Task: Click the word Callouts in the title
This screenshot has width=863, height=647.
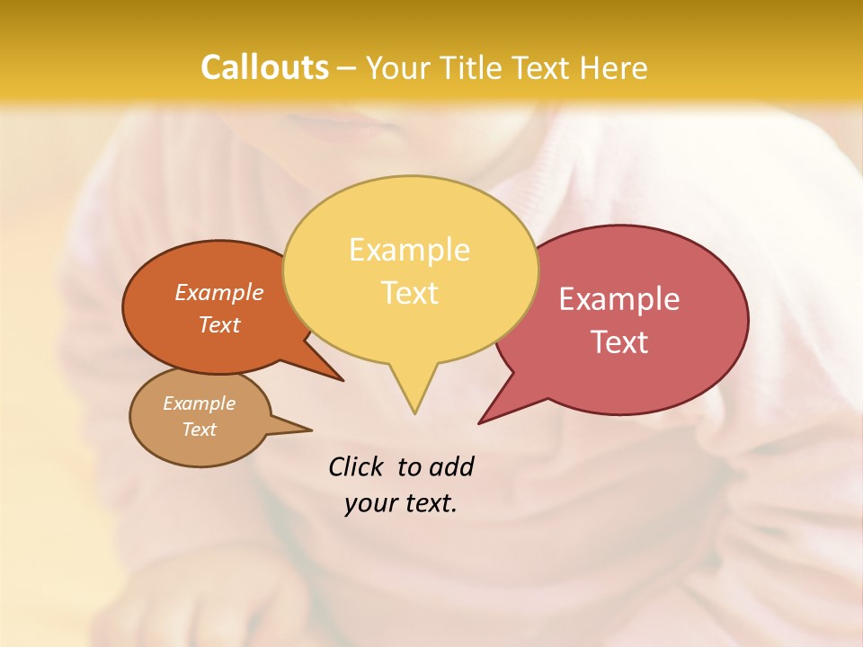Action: coord(264,67)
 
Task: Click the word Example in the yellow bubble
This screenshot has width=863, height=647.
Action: coord(409,250)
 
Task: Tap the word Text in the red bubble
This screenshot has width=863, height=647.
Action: coord(619,342)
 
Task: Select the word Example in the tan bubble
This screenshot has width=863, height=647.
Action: coord(199,403)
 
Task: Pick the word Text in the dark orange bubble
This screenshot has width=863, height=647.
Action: coord(219,325)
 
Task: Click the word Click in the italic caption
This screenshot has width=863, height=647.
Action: coord(355,466)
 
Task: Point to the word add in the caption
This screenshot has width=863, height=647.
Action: coord(450,466)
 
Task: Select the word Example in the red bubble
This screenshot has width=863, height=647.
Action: coord(619,299)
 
